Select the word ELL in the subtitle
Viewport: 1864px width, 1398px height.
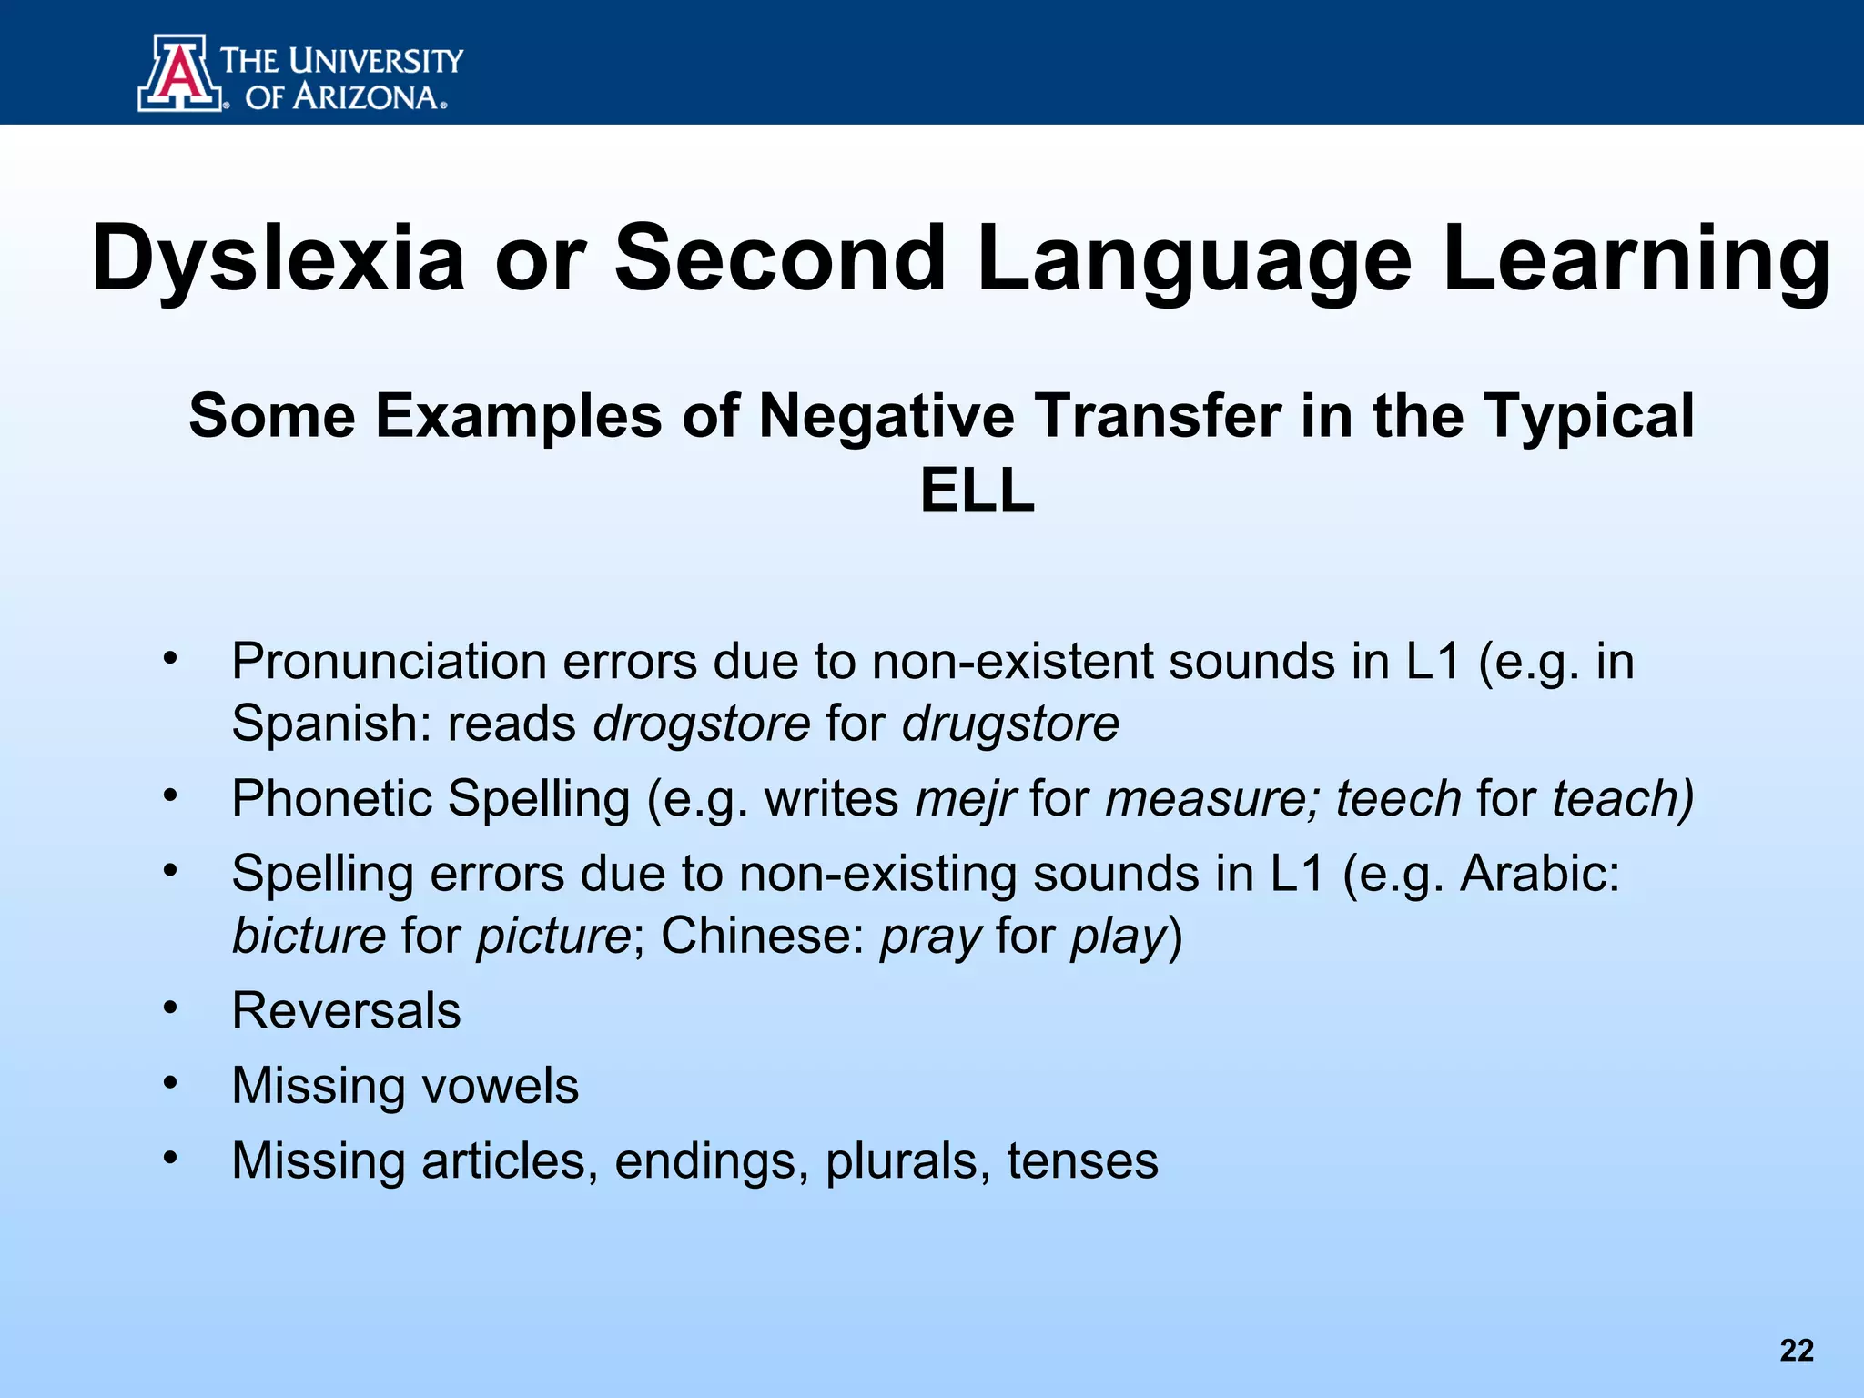(977, 491)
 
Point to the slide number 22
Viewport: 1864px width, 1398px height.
(1797, 1351)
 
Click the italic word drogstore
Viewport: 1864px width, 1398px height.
(702, 724)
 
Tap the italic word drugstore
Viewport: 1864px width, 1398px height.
(1010, 724)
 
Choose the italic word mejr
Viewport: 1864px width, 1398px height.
(965, 799)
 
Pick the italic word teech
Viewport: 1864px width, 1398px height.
(1398, 799)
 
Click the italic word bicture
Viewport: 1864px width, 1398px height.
(309, 937)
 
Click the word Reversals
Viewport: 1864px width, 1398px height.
(346, 1011)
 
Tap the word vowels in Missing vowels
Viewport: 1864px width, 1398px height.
(500, 1087)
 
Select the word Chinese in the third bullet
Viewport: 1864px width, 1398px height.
(763, 937)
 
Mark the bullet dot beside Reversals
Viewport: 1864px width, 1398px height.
(170, 1008)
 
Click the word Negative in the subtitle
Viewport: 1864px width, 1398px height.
(886, 417)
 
